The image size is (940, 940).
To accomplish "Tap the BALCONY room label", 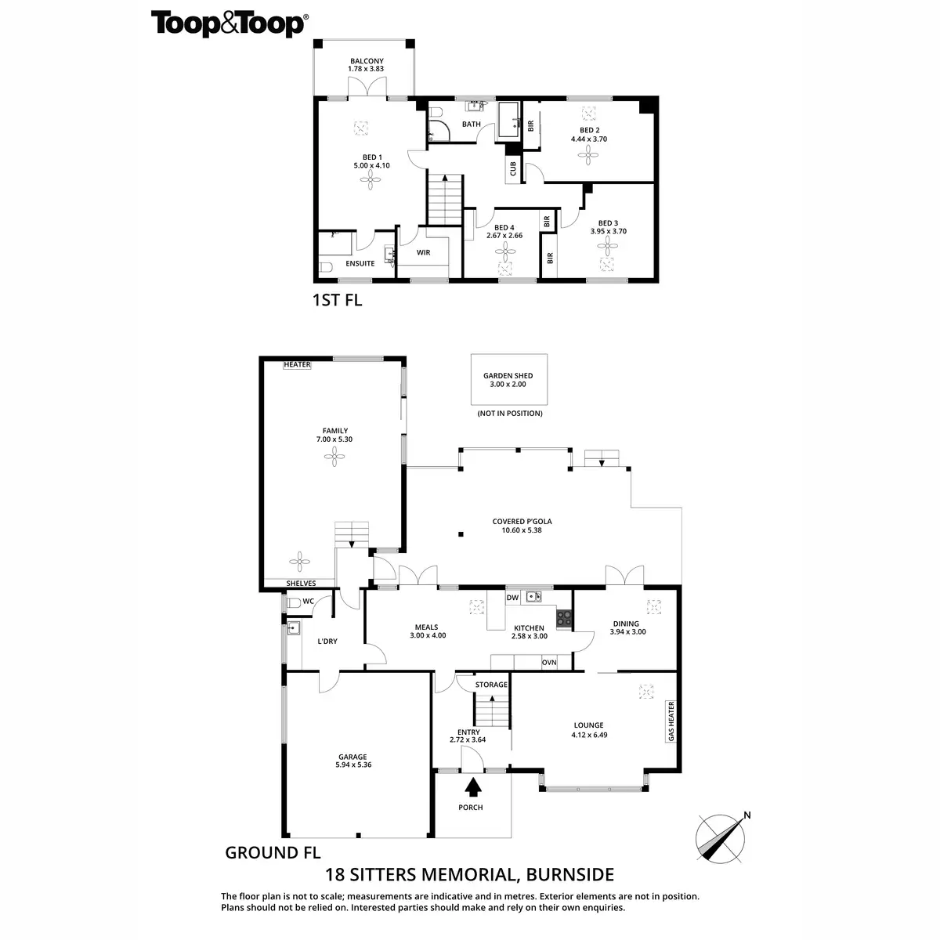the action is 367,60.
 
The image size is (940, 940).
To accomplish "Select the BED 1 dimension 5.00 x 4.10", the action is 371,165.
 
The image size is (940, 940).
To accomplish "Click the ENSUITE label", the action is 360,264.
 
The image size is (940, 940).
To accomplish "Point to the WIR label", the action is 424,253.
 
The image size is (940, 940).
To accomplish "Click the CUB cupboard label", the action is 512,168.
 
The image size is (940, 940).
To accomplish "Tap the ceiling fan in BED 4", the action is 504,251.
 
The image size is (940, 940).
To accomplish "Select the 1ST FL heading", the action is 337,299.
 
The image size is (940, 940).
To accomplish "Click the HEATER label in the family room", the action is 298,365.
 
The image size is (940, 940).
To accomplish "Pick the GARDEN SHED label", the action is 508,376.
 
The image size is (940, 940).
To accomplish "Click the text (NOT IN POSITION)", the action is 509,413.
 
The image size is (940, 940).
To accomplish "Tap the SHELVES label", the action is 301,584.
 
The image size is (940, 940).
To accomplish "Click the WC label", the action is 309,602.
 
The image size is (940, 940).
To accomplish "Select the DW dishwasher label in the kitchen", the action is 513,598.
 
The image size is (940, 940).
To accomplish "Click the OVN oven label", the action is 549,663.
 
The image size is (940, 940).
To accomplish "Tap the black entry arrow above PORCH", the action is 473,786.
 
